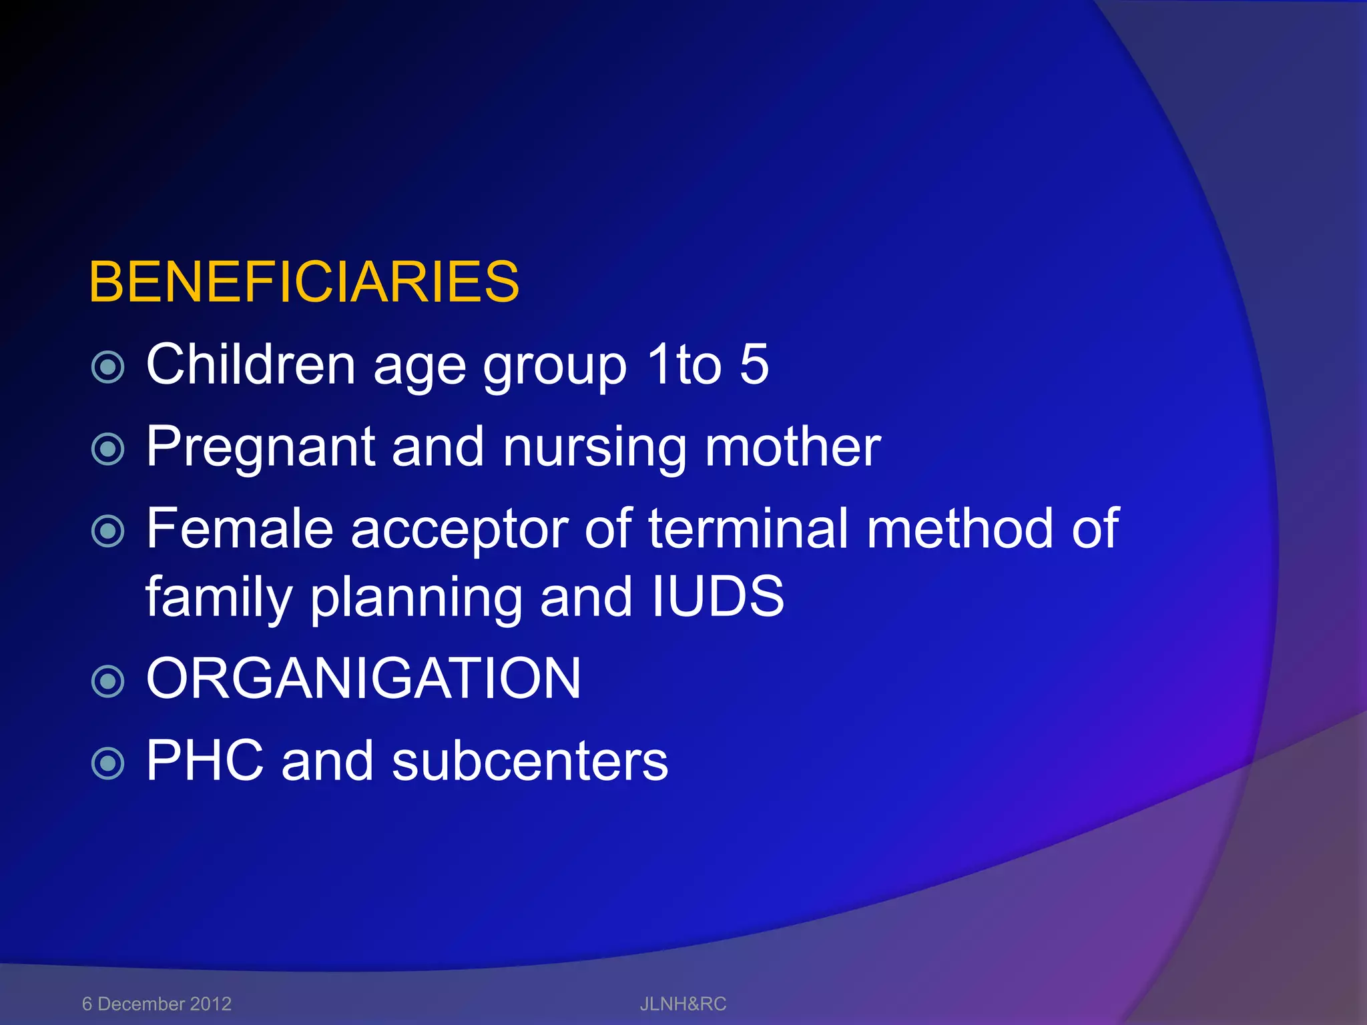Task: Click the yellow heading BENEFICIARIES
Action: tap(304, 282)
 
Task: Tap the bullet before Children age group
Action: tap(107, 366)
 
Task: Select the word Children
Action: tap(250, 364)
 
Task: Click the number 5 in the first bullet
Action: tap(754, 364)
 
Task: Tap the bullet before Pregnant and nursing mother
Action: tap(107, 449)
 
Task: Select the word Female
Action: tap(240, 529)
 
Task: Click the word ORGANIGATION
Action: tap(364, 679)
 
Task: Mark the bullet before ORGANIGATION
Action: tap(107, 681)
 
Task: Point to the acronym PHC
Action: tap(205, 761)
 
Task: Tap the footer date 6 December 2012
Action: tap(157, 1004)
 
